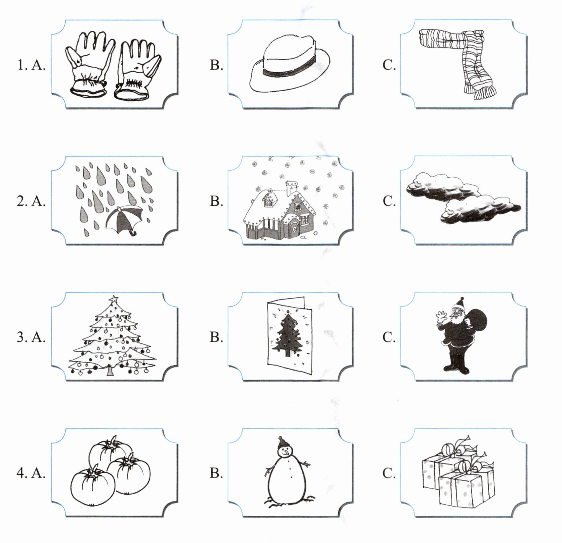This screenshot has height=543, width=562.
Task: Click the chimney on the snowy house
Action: point(291,188)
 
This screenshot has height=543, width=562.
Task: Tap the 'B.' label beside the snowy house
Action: point(217,201)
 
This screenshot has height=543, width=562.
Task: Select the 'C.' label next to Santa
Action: point(389,337)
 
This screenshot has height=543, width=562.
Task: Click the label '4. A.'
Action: point(31,473)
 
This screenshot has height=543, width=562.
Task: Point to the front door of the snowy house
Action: point(294,229)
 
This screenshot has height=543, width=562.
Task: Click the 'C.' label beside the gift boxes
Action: point(389,473)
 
